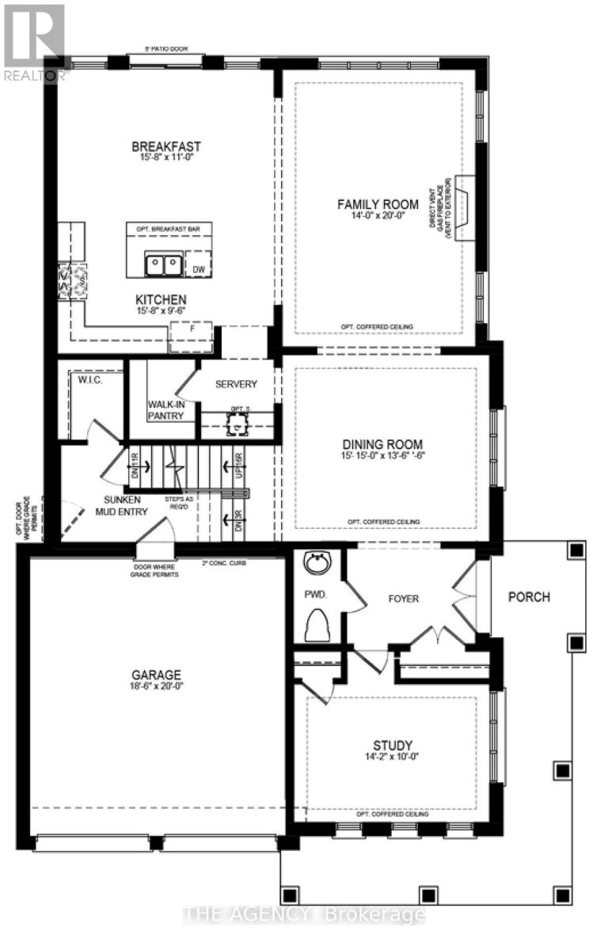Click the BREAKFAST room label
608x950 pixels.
click(x=165, y=146)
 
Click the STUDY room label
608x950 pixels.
click(x=393, y=745)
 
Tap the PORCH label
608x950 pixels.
click(x=529, y=596)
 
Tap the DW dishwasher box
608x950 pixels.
click(x=199, y=264)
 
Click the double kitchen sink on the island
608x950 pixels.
click(x=164, y=264)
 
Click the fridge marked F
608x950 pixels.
click(x=191, y=336)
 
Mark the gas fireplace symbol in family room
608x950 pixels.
click(x=465, y=208)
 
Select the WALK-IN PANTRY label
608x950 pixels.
click(x=165, y=409)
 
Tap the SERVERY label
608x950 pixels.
click(x=235, y=384)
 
